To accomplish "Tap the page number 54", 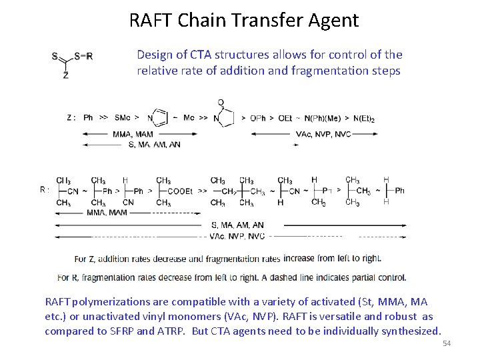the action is pos(447,343).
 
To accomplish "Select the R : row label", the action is pos(45,189).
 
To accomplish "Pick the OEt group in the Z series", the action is pos(285,118).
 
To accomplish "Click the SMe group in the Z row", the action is pos(123,118).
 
